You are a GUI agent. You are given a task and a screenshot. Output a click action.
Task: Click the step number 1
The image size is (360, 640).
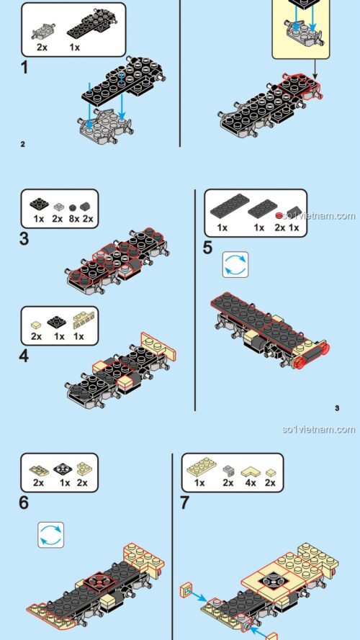click(x=24, y=68)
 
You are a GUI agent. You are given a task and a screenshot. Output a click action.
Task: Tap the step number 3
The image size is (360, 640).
click(x=24, y=238)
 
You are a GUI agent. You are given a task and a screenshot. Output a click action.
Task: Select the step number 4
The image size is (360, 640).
click(x=24, y=356)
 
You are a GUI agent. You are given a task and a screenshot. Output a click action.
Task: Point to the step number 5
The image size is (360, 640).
click(x=208, y=248)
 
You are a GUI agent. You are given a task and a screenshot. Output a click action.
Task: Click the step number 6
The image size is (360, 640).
click(x=24, y=502)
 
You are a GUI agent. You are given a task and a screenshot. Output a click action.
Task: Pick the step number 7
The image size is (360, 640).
click(x=185, y=502)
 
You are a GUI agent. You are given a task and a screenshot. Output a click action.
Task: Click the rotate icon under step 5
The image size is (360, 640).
click(x=235, y=265)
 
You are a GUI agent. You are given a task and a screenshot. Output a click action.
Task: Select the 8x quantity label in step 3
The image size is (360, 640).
click(x=73, y=218)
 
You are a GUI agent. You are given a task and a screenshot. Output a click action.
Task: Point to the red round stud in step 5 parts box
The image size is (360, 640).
click(x=279, y=215)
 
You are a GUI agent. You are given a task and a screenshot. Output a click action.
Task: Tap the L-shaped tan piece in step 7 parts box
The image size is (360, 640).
click(x=251, y=470)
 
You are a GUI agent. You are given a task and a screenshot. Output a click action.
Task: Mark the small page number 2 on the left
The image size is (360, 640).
click(x=23, y=144)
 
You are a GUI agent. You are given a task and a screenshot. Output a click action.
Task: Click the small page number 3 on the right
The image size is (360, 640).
click(x=337, y=409)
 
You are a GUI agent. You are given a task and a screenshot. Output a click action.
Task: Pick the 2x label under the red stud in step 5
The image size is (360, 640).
click(x=279, y=227)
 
